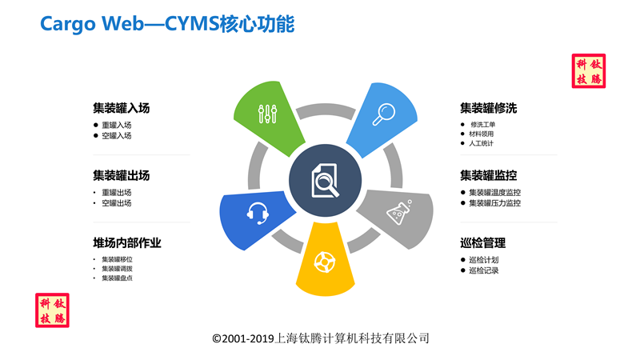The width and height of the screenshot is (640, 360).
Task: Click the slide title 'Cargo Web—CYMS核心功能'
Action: (167, 24)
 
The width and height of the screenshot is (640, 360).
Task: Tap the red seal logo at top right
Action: (589, 71)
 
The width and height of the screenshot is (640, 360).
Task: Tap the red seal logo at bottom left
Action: (52, 310)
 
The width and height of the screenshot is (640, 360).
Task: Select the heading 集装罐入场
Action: (122, 108)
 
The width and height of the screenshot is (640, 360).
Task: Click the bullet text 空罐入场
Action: (117, 135)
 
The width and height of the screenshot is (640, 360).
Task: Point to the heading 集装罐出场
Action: (122, 175)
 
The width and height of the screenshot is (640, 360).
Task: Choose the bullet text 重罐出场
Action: (117, 192)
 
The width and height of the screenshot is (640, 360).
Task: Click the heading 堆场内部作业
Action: (127, 243)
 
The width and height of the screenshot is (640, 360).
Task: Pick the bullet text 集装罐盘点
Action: (117, 278)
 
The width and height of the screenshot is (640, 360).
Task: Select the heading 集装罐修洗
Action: (489, 108)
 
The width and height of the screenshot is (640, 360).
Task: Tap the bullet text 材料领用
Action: (482, 134)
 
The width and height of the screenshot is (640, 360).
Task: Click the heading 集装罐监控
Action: (489, 175)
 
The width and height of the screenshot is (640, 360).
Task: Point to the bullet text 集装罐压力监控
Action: (495, 203)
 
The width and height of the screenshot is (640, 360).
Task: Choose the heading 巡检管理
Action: (483, 243)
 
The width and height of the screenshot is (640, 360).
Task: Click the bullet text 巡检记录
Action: (484, 270)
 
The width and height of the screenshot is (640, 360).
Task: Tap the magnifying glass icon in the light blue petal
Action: (384, 114)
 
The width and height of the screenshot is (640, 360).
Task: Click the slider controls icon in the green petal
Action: (268, 114)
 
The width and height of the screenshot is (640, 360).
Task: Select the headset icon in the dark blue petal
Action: (258, 213)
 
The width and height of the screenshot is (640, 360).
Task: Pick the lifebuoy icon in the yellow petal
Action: (325, 262)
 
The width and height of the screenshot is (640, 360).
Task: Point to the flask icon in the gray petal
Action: (399, 212)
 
